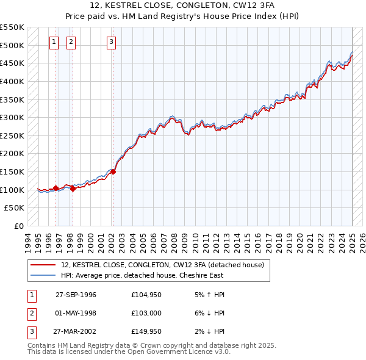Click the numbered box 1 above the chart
(x=54, y=42)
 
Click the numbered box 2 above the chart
(x=71, y=42)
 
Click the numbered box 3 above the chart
(x=112, y=42)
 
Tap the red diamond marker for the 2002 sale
(x=113, y=171)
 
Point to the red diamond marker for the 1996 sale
(x=56, y=188)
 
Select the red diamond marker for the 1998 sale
(x=73, y=189)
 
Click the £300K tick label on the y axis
(x=12, y=117)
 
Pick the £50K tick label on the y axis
(x=15, y=208)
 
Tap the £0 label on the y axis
(x=18, y=226)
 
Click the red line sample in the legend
(x=43, y=265)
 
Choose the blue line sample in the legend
(x=43, y=275)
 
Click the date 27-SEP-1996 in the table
(x=76, y=295)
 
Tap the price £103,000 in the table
(x=145, y=314)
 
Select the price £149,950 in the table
(x=145, y=333)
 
